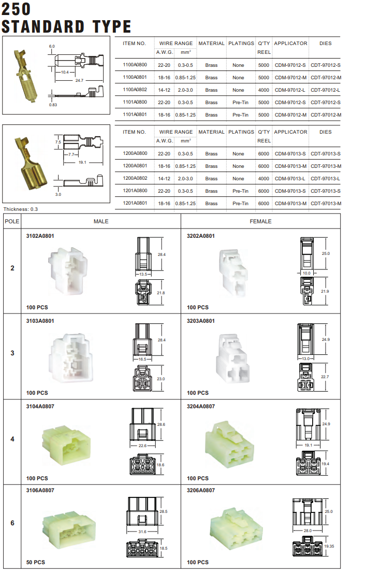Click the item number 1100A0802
(135, 90)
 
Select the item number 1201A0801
(135, 204)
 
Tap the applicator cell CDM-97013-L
(290, 179)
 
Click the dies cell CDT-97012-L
(326, 90)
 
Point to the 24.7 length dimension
(79, 81)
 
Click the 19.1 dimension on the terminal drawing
(81, 162)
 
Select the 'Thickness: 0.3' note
(21, 209)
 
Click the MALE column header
(101, 221)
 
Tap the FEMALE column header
(260, 221)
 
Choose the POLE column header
(12, 221)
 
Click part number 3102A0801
(40, 236)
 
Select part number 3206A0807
(201, 490)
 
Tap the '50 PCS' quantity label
(36, 562)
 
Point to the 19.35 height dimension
(329, 546)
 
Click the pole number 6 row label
(12, 523)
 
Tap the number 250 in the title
(17, 9)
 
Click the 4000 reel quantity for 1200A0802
(263, 179)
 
